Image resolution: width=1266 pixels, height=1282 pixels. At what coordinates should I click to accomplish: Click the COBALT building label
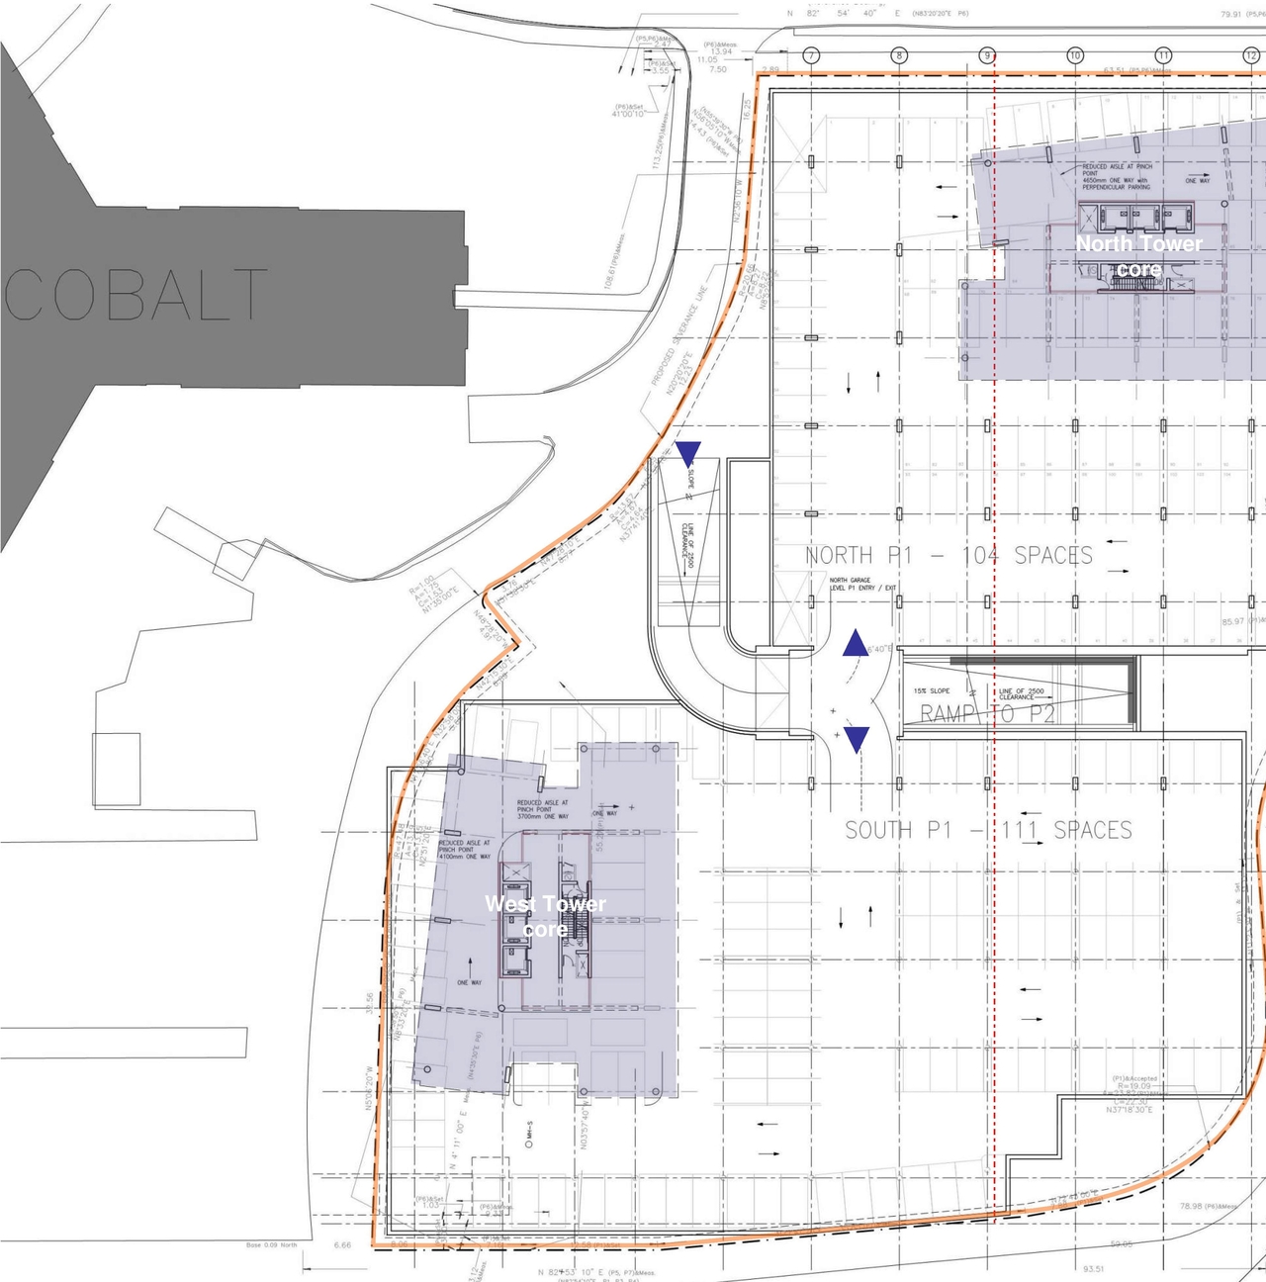(x=136, y=295)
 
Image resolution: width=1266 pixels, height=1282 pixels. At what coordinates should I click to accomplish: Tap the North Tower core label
(x=1138, y=255)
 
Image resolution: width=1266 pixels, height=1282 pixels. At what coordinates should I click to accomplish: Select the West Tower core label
(x=545, y=915)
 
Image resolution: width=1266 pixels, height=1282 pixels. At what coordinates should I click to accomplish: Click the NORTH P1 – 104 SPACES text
(x=949, y=556)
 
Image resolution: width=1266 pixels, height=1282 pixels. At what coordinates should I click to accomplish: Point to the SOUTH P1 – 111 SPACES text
(x=988, y=830)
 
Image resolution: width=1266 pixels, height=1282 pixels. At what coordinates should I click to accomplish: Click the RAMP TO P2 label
(x=987, y=713)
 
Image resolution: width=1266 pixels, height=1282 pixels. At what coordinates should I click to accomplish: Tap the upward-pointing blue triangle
(x=856, y=644)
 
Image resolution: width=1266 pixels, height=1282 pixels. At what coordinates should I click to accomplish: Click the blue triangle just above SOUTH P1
(x=857, y=738)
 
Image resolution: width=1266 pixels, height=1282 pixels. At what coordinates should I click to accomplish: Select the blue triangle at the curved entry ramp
(x=688, y=453)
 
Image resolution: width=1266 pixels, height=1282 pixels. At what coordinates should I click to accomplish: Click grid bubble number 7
(x=811, y=55)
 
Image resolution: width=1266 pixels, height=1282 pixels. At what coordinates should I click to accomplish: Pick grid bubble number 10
(x=1075, y=55)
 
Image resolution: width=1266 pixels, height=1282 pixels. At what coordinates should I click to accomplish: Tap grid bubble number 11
(x=1163, y=55)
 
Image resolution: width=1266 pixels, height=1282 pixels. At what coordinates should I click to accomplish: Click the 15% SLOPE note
(x=932, y=690)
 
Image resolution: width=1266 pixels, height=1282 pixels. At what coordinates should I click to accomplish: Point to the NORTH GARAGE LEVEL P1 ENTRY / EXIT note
(x=862, y=584)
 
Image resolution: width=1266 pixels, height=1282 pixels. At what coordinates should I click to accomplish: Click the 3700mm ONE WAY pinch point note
(x=543, y=809)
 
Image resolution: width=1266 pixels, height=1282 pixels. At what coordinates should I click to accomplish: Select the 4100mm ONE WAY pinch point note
(x=465, y=850)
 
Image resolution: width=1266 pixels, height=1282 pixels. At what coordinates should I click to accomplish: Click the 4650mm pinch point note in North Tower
(x=1117, y=176)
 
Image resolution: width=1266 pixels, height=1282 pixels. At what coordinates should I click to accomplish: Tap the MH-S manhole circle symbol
(x=529, y=1144)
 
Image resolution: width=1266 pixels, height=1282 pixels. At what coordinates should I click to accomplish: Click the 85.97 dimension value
(x=1232, y=621)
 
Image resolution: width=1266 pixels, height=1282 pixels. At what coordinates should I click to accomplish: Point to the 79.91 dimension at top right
(x=1230, y=15)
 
